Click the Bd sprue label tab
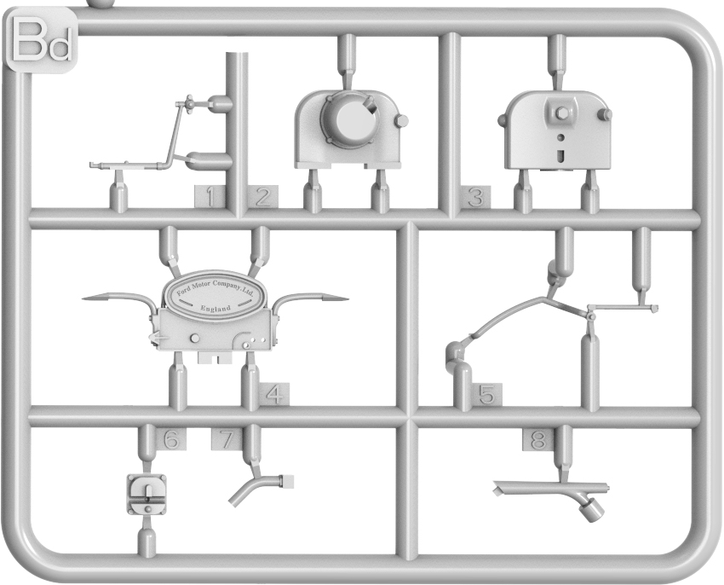coord(41,42)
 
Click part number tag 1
coord(210,197)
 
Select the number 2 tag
coord(262,197)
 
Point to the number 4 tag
coord(274,395)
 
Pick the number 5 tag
coord(486,395)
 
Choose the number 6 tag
coord(171,439)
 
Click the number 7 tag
coord(227,439)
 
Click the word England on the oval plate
coord(215,309)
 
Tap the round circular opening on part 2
coord(353,119)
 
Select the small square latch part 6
coord(147,495)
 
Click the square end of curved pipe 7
coord(287,481)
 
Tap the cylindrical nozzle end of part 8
coord(592,511)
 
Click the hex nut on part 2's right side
coord(401,121)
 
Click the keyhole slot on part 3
coord(560,156)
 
